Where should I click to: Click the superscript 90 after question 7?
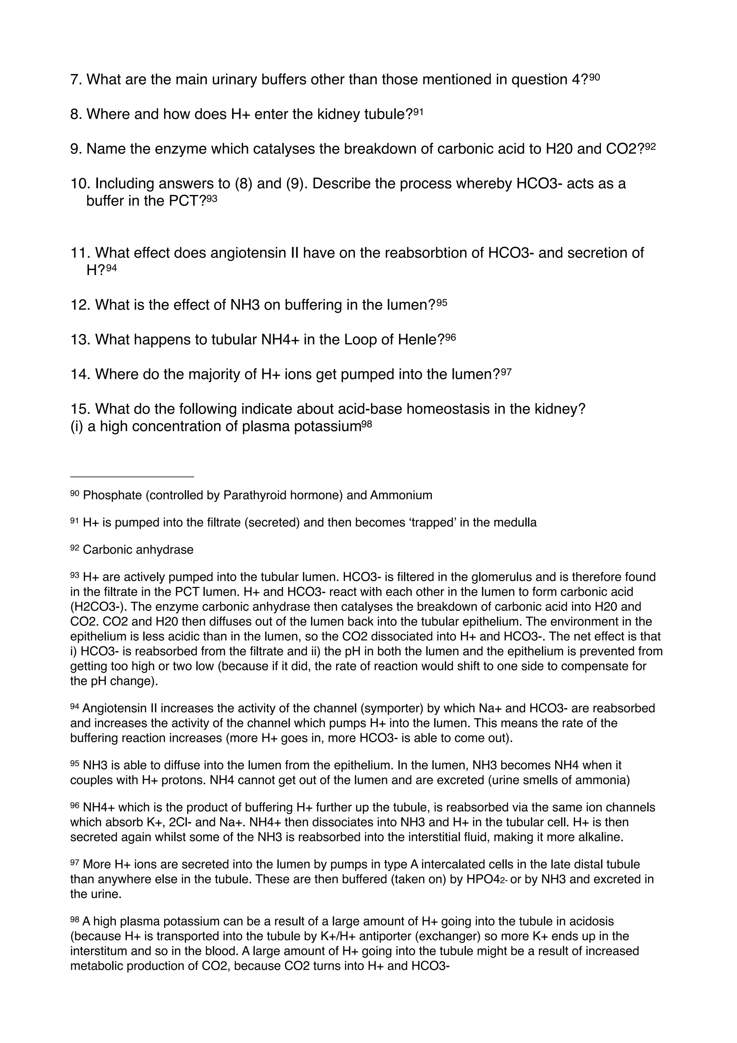(x=594, y=77)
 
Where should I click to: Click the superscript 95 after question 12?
(x=442, y=302)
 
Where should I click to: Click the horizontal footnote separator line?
(x=132, y=477)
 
